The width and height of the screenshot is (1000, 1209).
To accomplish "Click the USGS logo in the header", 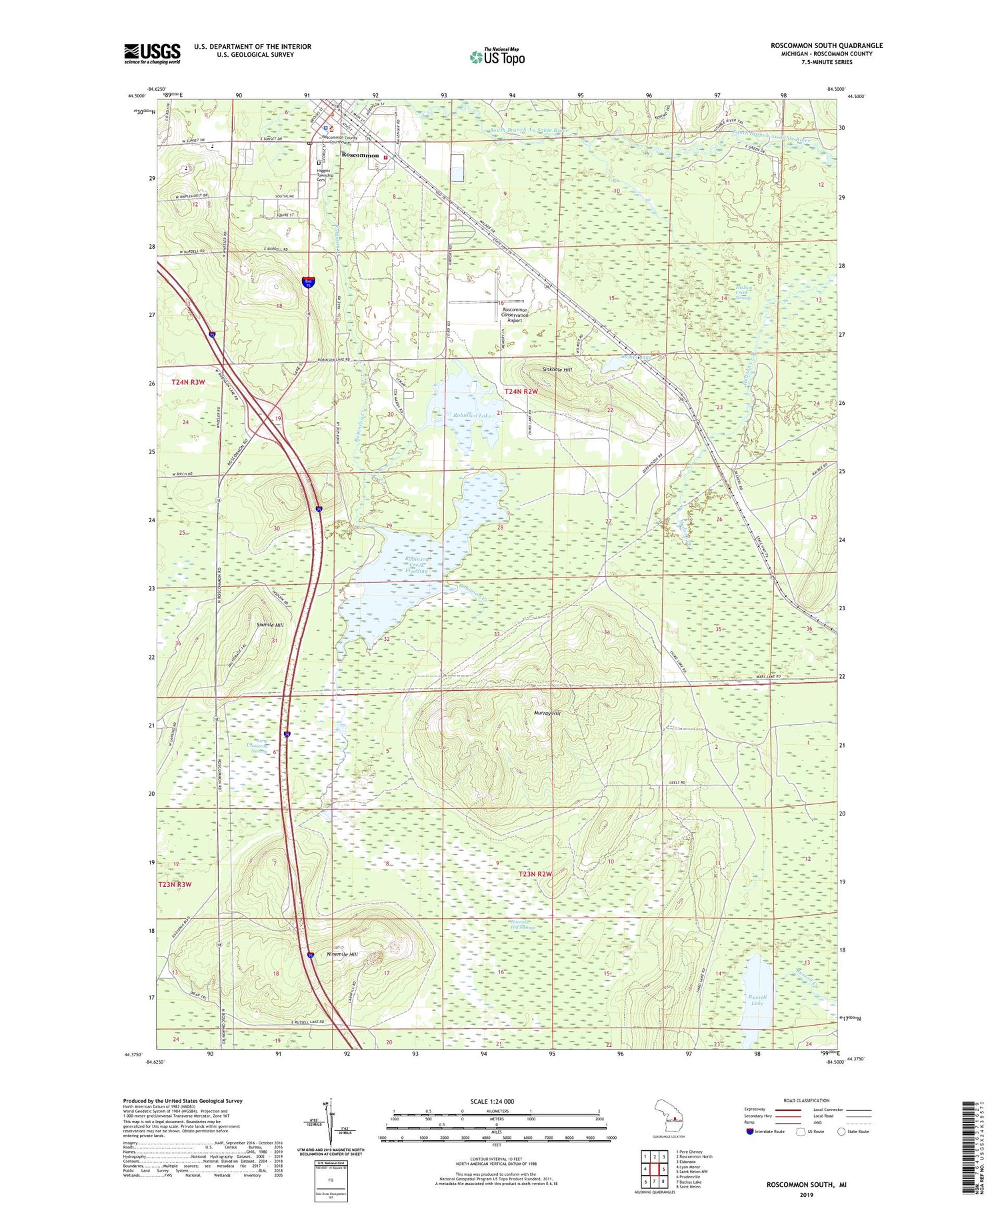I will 152,53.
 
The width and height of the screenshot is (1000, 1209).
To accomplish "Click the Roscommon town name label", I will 360,155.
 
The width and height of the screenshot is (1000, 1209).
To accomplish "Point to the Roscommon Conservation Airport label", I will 515,315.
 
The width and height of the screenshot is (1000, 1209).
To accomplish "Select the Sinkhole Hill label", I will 557,369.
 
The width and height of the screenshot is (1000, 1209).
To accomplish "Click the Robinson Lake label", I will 474,415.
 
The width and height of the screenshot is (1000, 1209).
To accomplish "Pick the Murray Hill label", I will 547,713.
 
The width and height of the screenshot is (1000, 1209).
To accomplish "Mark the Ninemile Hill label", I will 343,954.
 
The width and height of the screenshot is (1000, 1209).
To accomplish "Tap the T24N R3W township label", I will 188,383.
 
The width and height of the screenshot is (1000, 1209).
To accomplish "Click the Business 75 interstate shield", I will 308,283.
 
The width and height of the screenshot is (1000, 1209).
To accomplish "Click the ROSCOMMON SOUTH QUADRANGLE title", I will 826,45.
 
